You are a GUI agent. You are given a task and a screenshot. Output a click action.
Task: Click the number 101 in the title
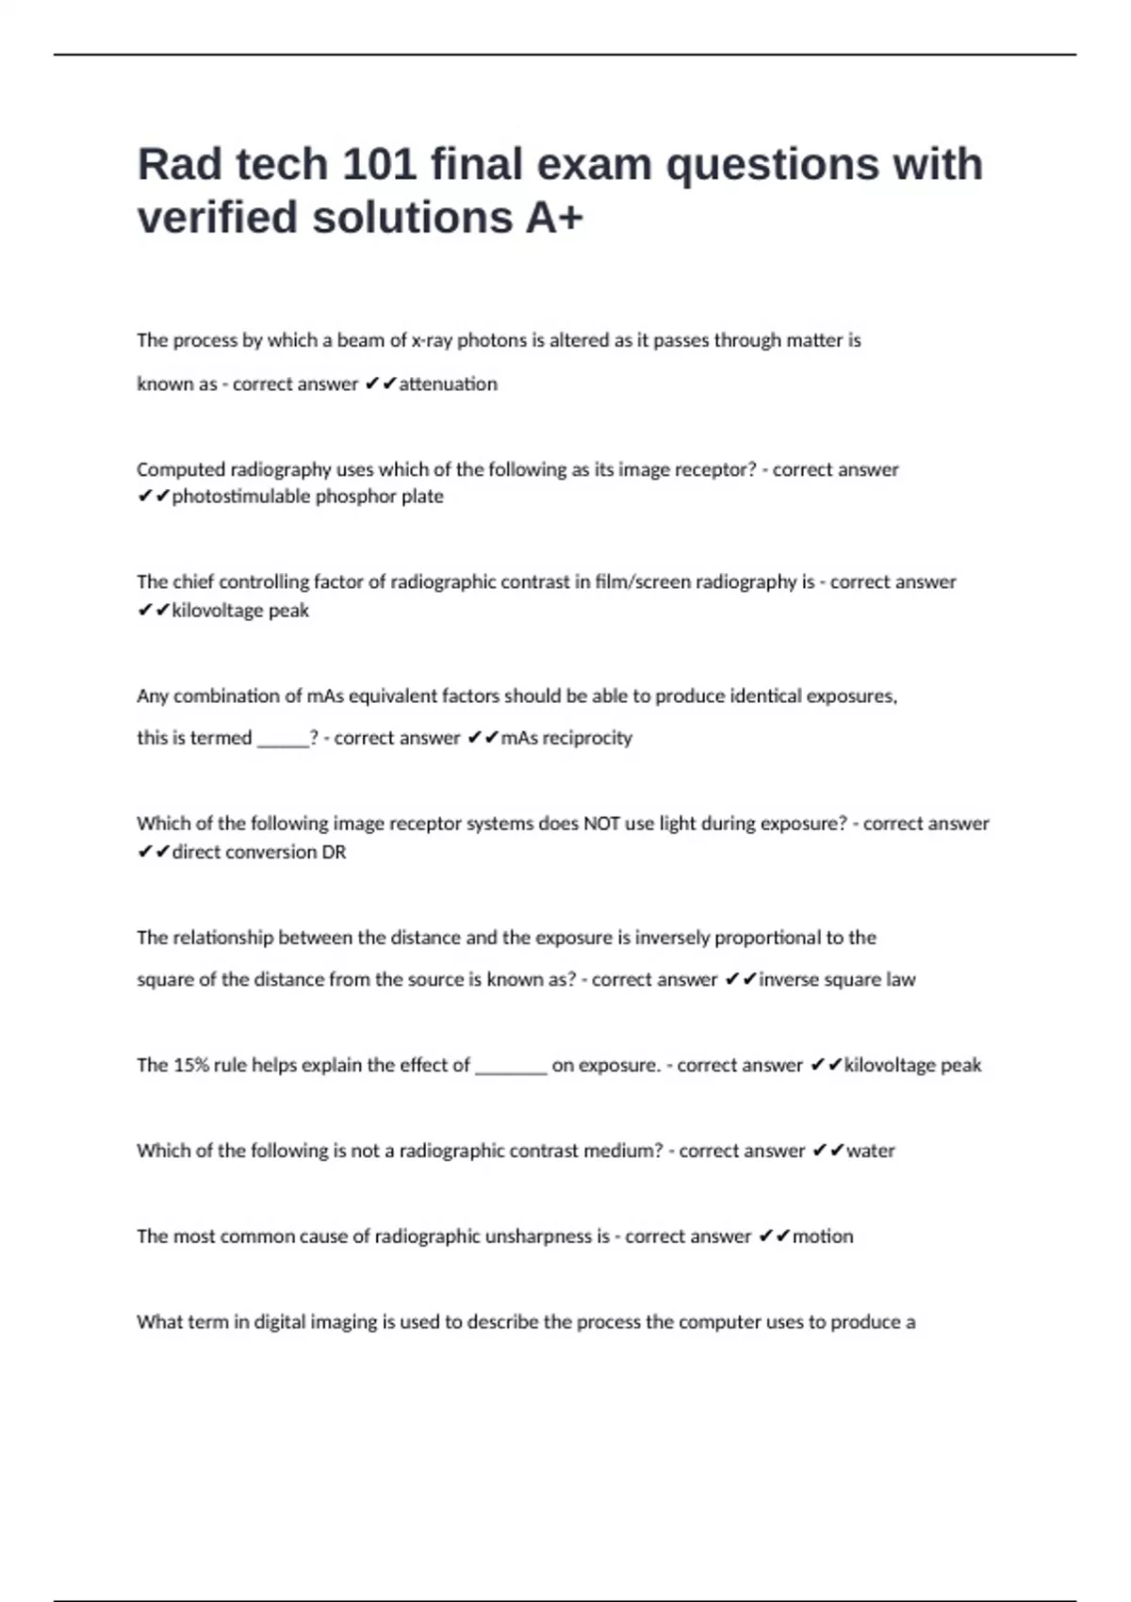tap(379, 165)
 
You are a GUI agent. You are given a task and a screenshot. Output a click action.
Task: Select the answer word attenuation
tap(448, 384)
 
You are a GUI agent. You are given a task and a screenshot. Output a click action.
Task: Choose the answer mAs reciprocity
tap(565, 738)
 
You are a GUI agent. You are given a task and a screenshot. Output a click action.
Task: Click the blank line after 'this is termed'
tap(283, 740)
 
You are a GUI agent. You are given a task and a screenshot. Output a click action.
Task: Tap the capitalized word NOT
tap(601, 824)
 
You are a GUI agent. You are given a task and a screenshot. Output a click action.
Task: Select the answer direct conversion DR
tap(259, 852)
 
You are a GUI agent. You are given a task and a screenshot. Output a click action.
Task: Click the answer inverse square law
tap(837, 980)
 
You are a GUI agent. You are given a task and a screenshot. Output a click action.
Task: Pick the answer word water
tap(871, 1151)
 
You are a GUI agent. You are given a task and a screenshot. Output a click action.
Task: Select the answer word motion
tap(823, 1236)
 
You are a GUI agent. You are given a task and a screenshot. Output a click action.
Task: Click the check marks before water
tap(828, 1151)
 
